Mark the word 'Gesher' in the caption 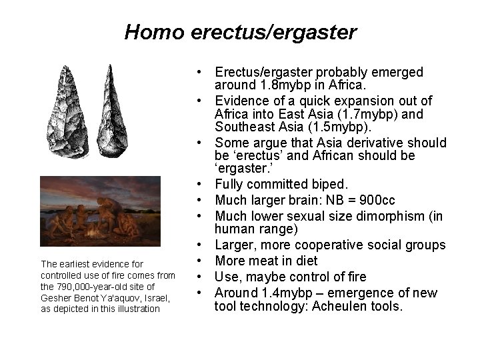(56, 297)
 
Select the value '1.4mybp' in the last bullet (287, 292)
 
